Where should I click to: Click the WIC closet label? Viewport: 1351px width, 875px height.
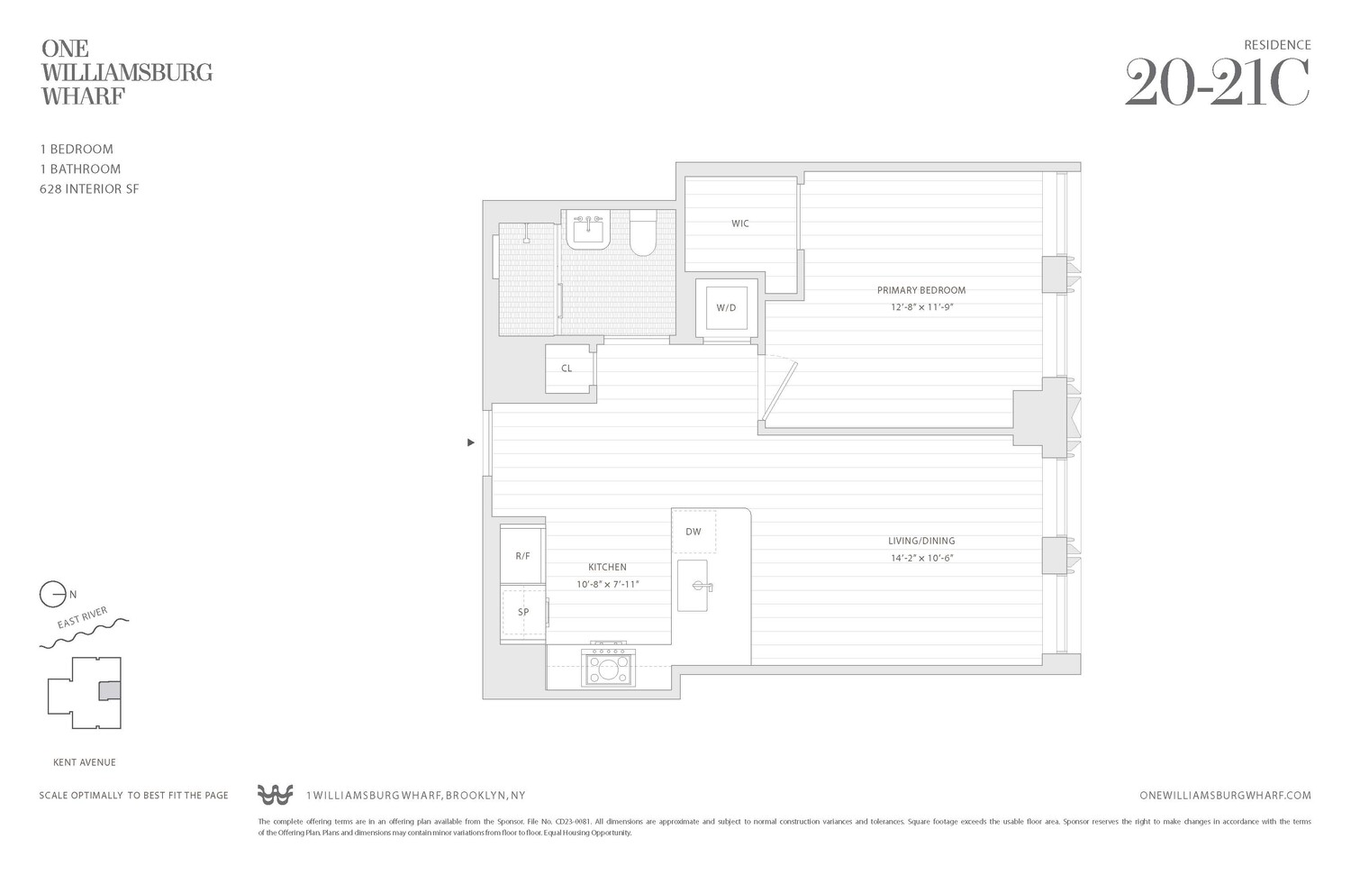739,223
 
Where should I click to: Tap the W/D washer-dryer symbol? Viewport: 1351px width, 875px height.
726,308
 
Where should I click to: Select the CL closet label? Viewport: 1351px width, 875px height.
567,369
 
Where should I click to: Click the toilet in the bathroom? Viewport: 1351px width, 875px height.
642,234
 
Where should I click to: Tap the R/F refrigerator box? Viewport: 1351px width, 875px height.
522,556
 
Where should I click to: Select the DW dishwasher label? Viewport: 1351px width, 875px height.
693,532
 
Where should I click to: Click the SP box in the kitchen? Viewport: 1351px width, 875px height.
523,612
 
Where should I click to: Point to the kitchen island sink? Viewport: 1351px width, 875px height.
694,586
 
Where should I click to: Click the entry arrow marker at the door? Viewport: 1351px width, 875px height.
470,442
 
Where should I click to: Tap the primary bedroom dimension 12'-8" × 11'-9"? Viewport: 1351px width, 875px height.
921,307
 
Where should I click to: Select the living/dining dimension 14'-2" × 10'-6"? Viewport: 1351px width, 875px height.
921,558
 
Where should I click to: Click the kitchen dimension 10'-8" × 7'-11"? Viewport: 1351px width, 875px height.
607,584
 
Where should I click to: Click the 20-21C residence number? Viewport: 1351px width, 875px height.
1217,83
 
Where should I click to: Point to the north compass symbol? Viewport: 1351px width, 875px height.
53,595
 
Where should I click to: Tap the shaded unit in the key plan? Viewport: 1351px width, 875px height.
108,690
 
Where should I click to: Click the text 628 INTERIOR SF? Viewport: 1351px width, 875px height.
89,189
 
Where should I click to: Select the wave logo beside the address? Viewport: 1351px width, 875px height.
275,795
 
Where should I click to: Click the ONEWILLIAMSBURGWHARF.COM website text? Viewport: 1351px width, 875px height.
1225,796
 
